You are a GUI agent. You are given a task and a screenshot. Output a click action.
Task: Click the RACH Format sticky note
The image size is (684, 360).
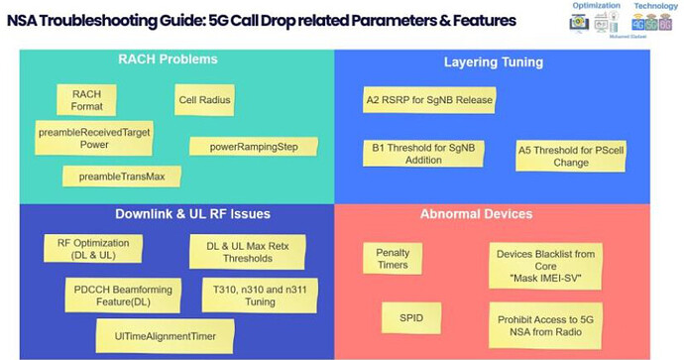[86, 99]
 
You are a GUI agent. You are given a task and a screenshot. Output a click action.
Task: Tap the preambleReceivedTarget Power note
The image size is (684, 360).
[93, 137]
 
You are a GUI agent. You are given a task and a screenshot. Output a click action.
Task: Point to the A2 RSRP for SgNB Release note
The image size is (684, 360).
[429, 100]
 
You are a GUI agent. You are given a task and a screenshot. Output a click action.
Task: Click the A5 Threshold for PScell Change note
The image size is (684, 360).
[570, 156]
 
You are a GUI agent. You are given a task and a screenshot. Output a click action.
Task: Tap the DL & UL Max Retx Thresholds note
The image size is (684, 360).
[245, 251]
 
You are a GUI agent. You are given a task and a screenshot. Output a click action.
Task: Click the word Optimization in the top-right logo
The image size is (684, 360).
[596, 6]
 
